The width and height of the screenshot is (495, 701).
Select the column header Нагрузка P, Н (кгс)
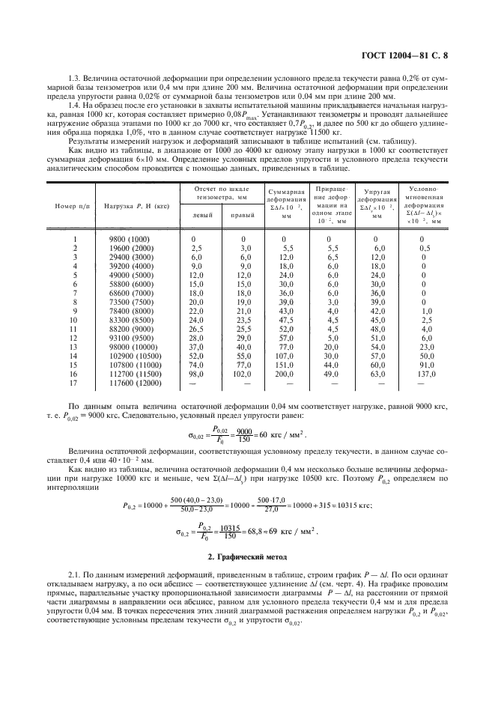133,205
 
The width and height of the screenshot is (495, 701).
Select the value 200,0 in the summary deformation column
286,373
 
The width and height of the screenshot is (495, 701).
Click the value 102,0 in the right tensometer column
241,373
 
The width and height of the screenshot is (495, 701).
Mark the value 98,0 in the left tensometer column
197,373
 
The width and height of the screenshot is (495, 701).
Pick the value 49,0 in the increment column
331,373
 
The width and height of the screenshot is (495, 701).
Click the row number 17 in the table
75,382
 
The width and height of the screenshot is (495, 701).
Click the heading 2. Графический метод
248,556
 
